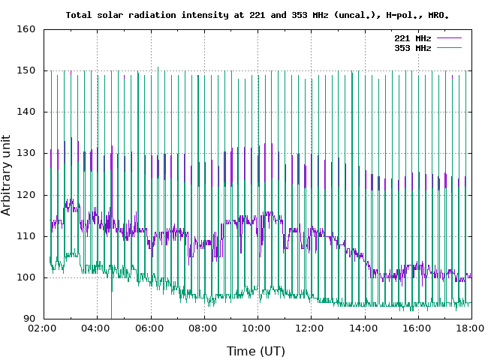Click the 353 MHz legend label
point(412,48)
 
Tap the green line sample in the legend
point(448,48)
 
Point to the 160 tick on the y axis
point(26,30)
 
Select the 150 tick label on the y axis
point(26,71)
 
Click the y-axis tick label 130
point(26,154)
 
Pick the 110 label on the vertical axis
point(26,236)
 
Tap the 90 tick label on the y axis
point(29,319)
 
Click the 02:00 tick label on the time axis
point(44,328)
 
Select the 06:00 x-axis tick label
point(150,328)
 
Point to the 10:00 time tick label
point(257,328)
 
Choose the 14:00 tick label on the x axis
point(363,328)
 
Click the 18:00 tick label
point(470,328)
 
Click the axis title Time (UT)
point(256,350)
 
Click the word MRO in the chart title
point(439,14)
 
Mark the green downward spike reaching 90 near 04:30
point(111,313)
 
